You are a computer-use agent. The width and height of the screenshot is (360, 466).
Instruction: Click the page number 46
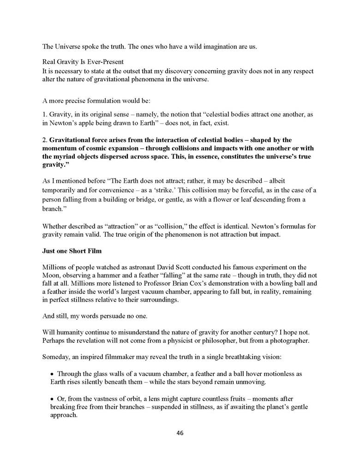[180, 432]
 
